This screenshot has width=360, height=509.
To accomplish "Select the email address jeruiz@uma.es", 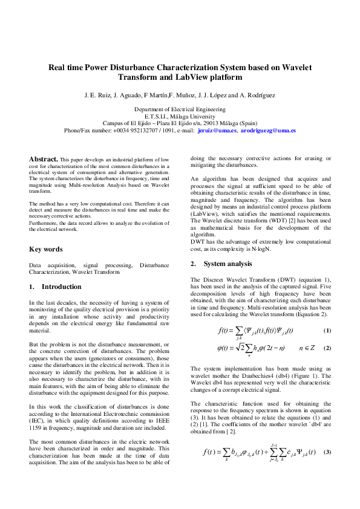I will pyautogui.click(x=217, y=131).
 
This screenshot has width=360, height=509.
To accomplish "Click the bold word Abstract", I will pyautogui.click(x=44, y=159).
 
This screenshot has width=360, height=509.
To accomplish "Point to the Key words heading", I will pyautogui.click(x=45, y=248).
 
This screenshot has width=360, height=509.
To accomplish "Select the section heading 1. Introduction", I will pyautogui.click(x=55, y=287).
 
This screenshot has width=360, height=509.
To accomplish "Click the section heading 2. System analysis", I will pyautogui.click(x=221, y=264).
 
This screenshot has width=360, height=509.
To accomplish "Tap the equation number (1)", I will pyautogui.click(x=327, y=330).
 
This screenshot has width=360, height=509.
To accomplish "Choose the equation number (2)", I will pyautogui.click(x=327, y=348).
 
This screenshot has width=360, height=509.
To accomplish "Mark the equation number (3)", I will pyautogui.click(x=327, y=469).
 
